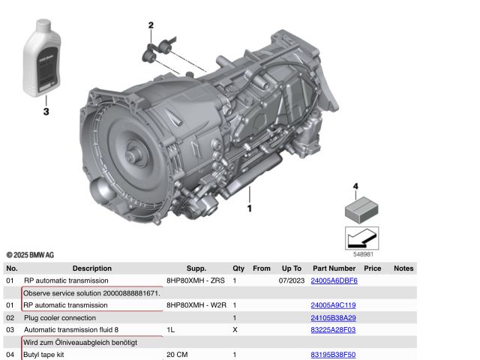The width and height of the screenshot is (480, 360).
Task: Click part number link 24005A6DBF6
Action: [x=334, y=280]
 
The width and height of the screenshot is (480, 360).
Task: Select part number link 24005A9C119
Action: [x=333, y=305]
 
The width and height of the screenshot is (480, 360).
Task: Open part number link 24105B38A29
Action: [x=333, y=317]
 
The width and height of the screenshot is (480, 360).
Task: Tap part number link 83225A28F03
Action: [x=333, y=329]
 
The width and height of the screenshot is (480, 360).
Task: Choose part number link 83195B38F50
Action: [x=333, y=354]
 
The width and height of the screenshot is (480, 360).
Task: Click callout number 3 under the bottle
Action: [x=46, y=112]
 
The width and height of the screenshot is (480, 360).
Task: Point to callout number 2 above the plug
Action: [x=151, y=25]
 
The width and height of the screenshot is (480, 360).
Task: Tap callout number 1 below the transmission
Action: [x=250, y=208]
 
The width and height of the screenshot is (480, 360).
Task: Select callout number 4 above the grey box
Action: [x=356, y=186]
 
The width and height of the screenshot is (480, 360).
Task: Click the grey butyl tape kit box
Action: [x=361, y=208]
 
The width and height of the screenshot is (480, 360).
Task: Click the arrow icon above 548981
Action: [x=361, y=238]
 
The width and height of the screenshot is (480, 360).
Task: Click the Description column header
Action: [x=91, y=268]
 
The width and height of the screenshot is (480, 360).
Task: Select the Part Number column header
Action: [x=334, y=268]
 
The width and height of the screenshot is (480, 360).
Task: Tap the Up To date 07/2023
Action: [x=289, y=280]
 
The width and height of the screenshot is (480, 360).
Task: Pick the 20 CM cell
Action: [x=177, y=354]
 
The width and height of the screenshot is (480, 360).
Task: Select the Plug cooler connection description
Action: [x=60, y=317]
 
